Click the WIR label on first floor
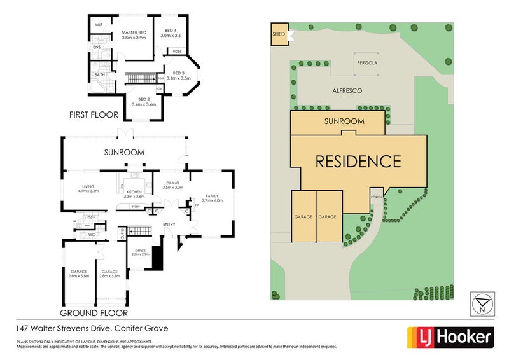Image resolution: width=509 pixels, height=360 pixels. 99,24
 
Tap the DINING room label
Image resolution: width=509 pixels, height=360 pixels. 173,184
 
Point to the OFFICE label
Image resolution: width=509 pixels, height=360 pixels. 137,250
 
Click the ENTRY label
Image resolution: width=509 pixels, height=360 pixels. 169,223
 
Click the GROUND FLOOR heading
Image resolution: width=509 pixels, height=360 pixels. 94,313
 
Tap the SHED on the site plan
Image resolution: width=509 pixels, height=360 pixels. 279,36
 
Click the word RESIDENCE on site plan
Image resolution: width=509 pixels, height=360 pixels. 359,160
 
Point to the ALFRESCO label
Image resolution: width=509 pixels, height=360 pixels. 347,91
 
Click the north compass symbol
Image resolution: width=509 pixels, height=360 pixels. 482,304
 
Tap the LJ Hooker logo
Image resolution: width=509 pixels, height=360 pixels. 449,336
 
